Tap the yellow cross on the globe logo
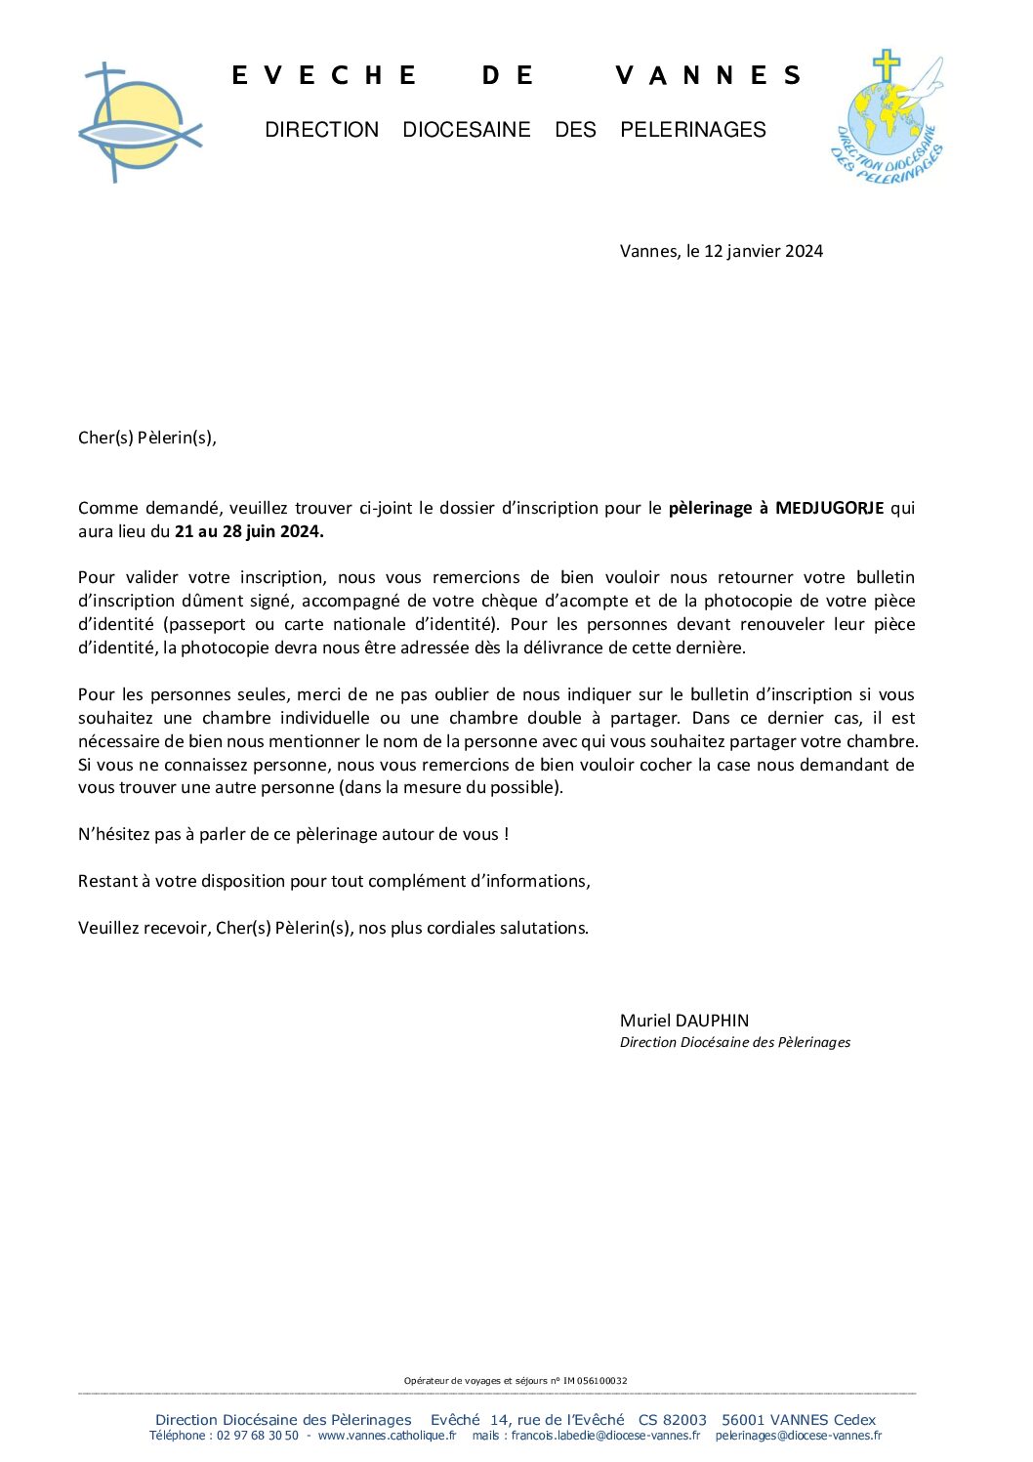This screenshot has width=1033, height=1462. coord(886,66)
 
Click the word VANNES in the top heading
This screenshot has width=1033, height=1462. coord(708,75)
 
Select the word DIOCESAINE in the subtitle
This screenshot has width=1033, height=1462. coord(466,130)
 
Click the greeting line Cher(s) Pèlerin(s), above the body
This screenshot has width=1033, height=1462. coord(147,438)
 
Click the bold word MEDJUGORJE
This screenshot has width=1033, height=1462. coord(829,508)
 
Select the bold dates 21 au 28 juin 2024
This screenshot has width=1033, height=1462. coord(249,531)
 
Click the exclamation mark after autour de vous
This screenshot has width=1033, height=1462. coord(506,834)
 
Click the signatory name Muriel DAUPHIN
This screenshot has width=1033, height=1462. coord(684,1021)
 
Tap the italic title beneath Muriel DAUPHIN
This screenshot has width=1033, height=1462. coord(734,1043)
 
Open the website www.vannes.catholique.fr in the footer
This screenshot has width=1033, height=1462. coord(387,1436)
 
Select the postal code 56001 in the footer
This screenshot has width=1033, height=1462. coord(743,1420)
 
